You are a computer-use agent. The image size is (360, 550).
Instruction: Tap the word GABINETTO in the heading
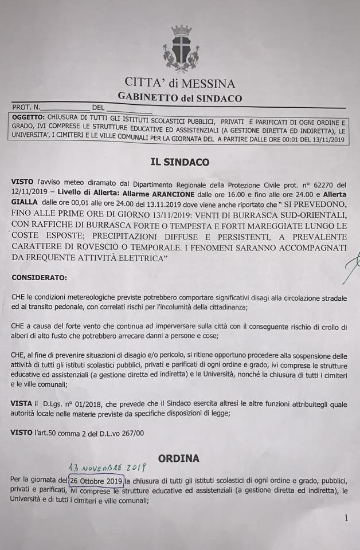pyautogui.click(x=147, y=98)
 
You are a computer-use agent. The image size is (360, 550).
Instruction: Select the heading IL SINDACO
pyautogui.click(x=180, y=162)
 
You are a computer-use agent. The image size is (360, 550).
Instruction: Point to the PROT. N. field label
pyautogui.click(x=25, y=107)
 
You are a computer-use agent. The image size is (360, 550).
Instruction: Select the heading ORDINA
pyautogui.click(x=179, y=458)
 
